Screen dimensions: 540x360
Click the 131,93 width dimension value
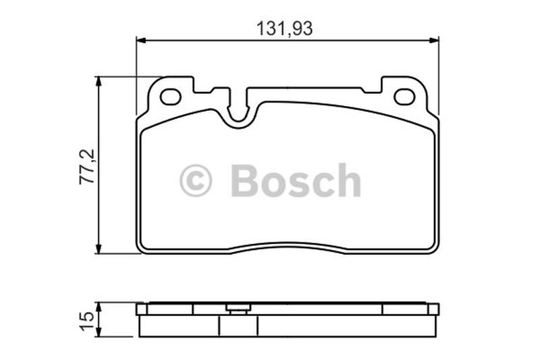[285, 28]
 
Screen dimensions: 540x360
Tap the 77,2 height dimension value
[87, 167]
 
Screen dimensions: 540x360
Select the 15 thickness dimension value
[87, 321]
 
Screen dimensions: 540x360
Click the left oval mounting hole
[171, 97]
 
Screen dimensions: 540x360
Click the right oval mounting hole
[404, 97]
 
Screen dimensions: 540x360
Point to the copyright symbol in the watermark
[195, 180]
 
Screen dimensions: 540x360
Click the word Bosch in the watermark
[296, 180]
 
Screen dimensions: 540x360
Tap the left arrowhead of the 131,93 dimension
[142, 41]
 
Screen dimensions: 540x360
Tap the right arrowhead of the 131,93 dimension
[434, 41]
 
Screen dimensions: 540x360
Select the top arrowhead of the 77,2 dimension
[99, 82]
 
